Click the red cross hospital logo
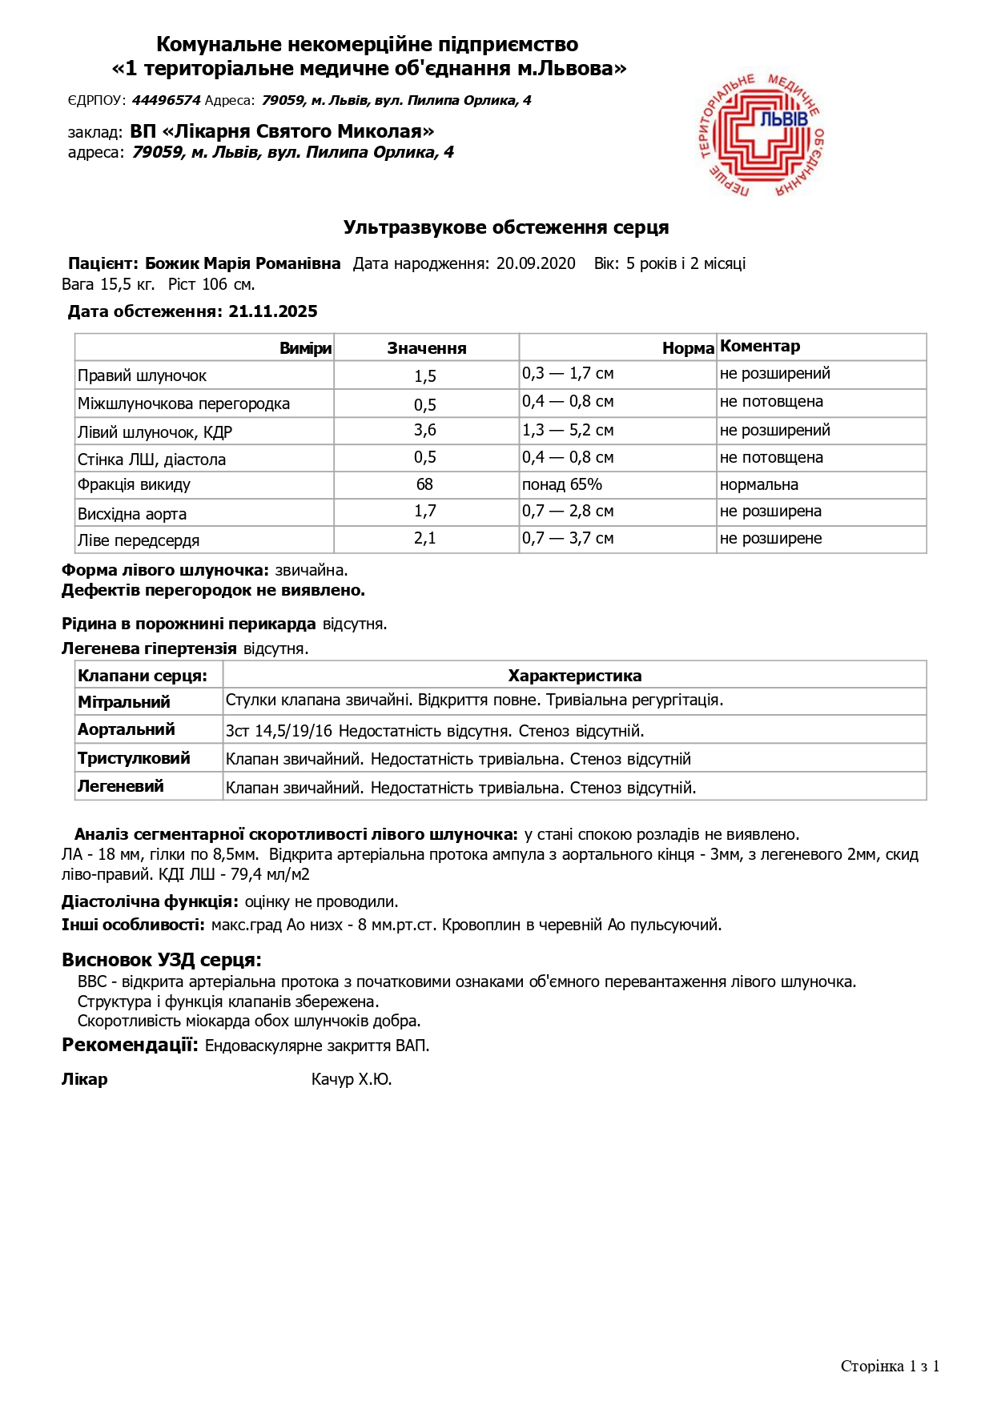tap(761, 135)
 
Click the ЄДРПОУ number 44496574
tap(166, 100)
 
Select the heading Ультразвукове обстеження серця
tap(506, 227)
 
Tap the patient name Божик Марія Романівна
tap(243, 263)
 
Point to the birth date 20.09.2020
tap(536, 263)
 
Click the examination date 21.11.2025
tap(273, 311)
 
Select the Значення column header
tap(427, 348)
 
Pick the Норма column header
tap(688, 348)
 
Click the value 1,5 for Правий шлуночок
tap(425, 376)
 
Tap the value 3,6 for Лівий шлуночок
tap(425, 430)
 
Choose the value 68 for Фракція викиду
tap(425, 484)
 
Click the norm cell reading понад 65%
tap(562, 484)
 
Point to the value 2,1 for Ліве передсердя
tap(425, 538)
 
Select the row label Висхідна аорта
tap(132, 514)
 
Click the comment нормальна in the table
tap(759, 484)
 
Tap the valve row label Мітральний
tap(124, 702)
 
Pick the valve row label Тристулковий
tap(134, 758)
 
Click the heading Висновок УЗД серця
tap(162, 960)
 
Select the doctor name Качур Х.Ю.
tap(352, 1079)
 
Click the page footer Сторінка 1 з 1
tap(890, 1366)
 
